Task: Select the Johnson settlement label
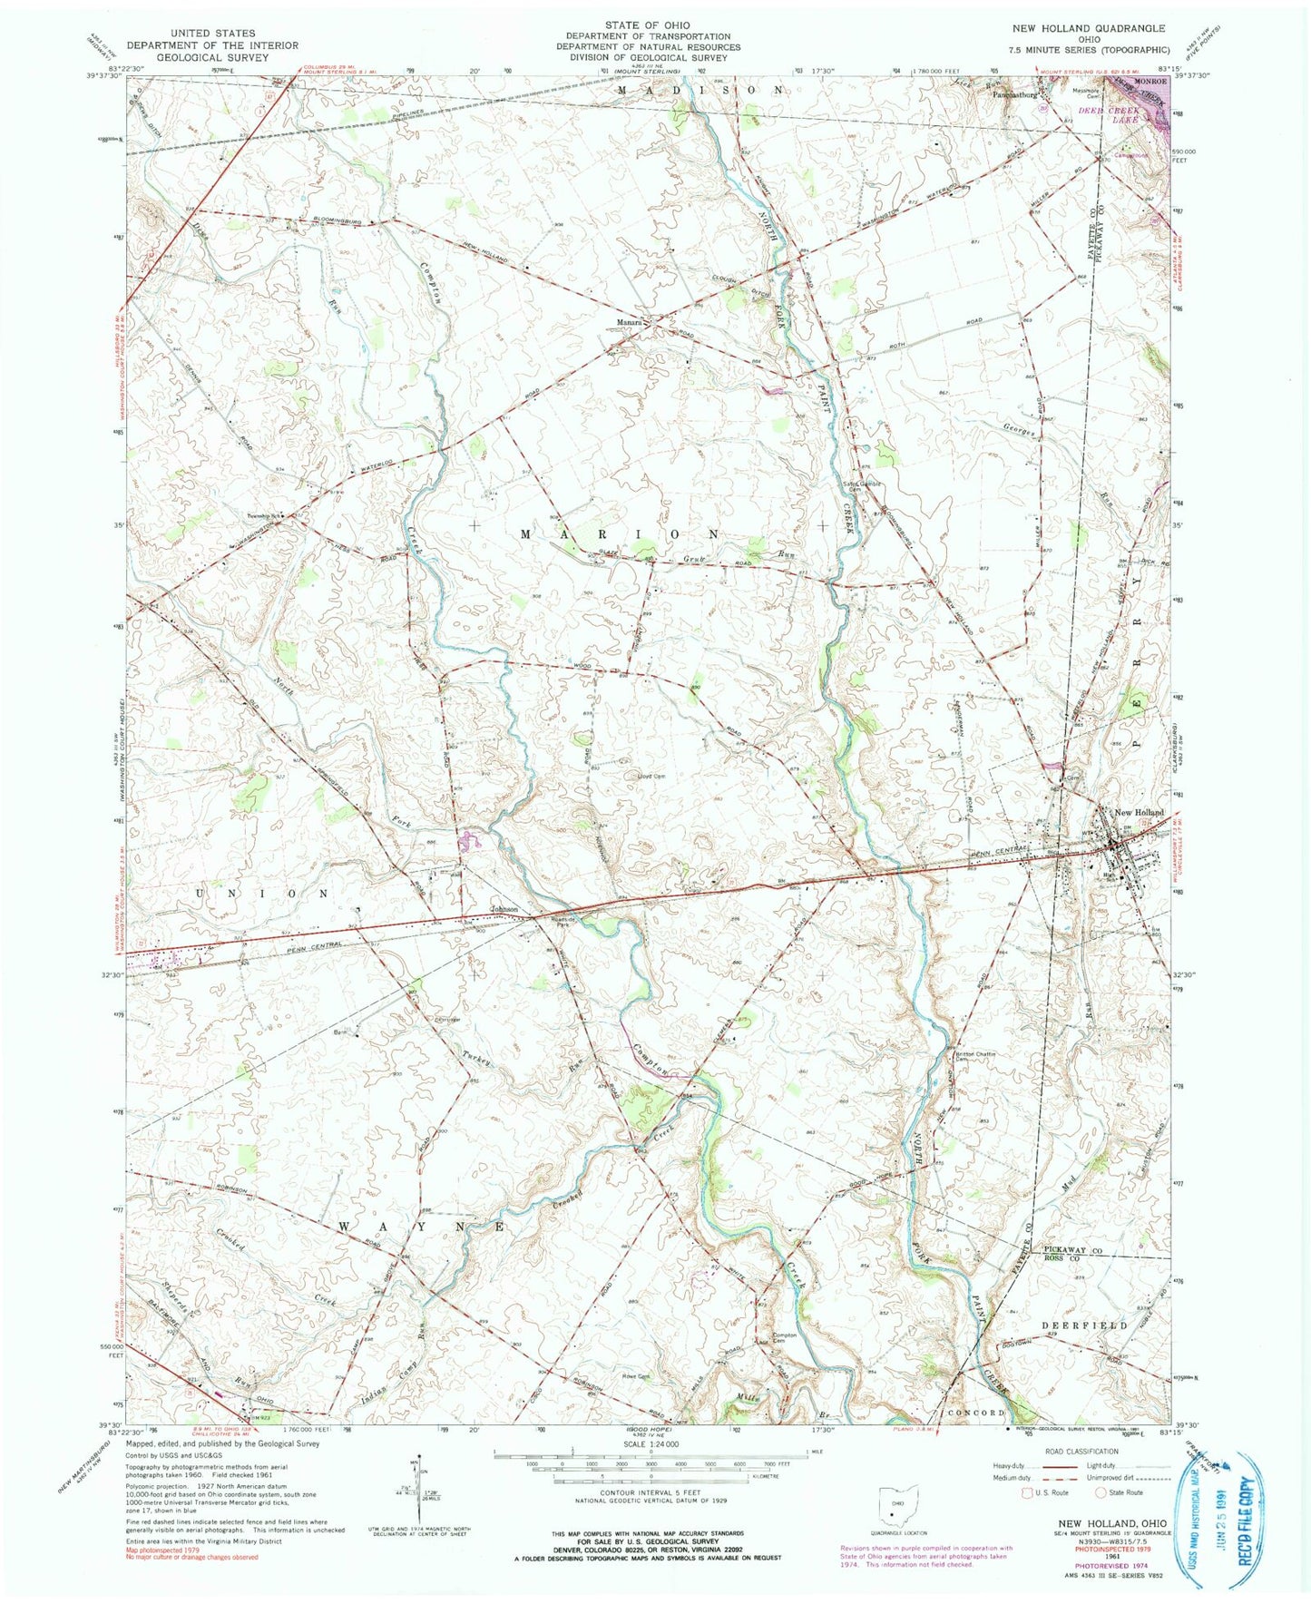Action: click(504, 909)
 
